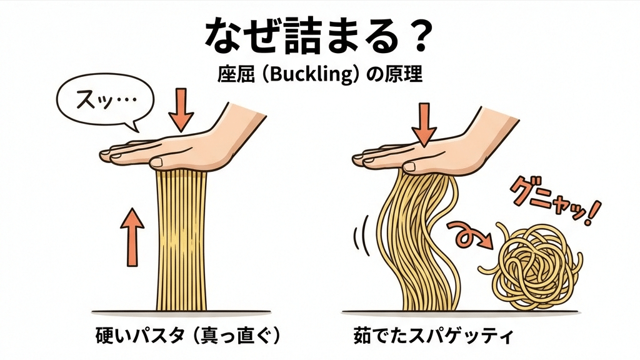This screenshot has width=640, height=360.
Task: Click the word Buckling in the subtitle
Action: [304, 76]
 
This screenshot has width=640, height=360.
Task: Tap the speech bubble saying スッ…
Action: [97, 102]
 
